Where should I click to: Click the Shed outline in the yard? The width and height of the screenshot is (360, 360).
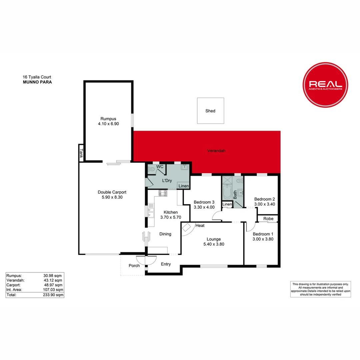pyautogui.click(x=210, y=111)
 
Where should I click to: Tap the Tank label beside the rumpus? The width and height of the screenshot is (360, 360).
pyautogui.click(x=81, y=153)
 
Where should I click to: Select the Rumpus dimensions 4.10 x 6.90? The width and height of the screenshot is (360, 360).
pyautogui.click(x=108, y=124)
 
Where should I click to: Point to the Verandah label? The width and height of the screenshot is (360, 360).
pyautogui.click(x=216, y=151)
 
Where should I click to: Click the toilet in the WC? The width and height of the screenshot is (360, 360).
pyautogui.click(x=152, y=169)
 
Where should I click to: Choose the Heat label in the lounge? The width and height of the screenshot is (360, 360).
pyautogui.click(x=200, y=226)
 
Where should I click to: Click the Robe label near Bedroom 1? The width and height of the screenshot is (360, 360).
pyautogui.click(x=268, y=219)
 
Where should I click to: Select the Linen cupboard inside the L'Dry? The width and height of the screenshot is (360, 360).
pyautogui.click(x=184, y=186)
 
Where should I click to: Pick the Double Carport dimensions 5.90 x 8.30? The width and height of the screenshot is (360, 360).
pyautogui.click(x=112, y=197)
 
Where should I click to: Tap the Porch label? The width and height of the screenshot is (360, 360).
pyautogui.click(x=134, y=266)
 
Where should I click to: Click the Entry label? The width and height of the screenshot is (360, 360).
pyautogui.click(x=166, y=264)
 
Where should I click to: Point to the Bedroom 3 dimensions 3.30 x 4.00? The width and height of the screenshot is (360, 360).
pyautogui.click(x=204, y=207)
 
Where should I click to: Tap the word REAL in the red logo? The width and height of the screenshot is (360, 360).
pyautogui.click(x=325, y=84)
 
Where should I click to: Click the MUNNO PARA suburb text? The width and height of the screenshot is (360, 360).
pyautogui.click(x=37, y=82)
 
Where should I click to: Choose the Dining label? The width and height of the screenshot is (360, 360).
pyautogui.click(x=165, y=234)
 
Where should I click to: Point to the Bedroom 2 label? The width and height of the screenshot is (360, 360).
pyautogui.click(x=264, y=199)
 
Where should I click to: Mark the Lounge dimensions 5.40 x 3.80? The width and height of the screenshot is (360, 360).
pyautogui.click(x=214, y=244)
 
